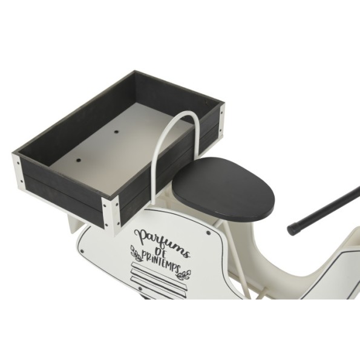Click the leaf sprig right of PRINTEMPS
coord(184,275)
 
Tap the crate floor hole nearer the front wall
coord(78,160)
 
